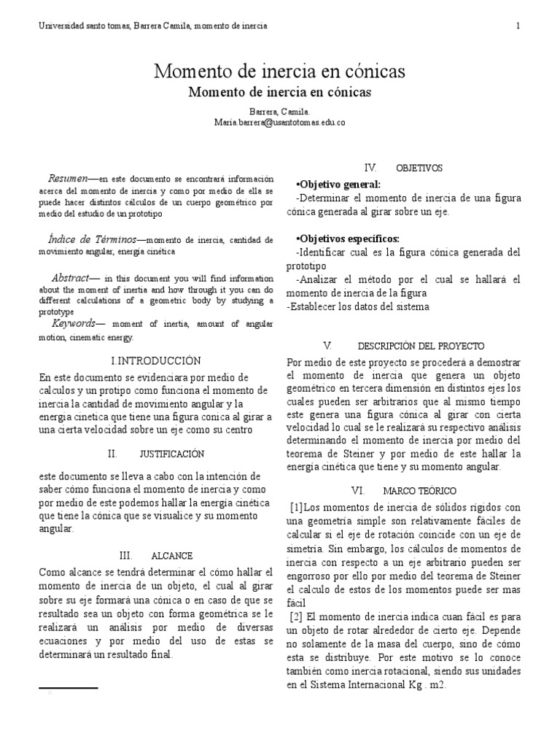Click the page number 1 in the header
pyautogui.click(x=518, y=26)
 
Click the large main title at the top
pyautogui.click(x=279, y=71)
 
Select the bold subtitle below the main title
pyautogui.click(x=279, y=93)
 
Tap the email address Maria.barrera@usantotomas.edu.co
pyautogui.click(x=279, y=123)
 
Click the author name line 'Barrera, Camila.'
pyautogui.click(x=279, y=112)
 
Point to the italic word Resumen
pyautogui.click(x=68, y=178)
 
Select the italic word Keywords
pyautogui.click(x=74, y=323)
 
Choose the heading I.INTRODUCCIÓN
pyautogui.click(x=155, y=360)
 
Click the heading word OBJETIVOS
pyautogui.click(x=419, y=168)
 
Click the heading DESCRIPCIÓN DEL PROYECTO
pyautogui.click(x=421, y=345)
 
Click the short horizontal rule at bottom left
pyautogui.click(x=67, y=688)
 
